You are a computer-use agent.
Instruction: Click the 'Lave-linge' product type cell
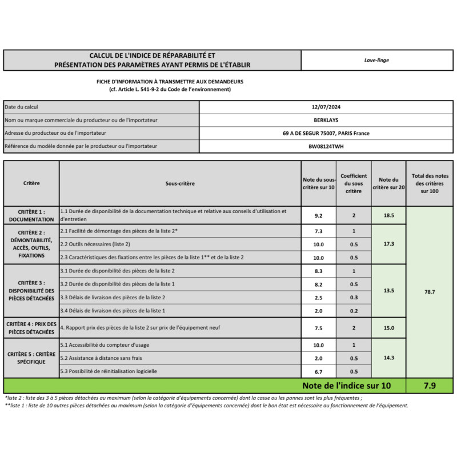click(376, 60)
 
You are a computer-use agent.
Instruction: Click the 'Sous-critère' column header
click(180, 183)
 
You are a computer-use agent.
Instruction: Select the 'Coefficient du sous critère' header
click(353, 183)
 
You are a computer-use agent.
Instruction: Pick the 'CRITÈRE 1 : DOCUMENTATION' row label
click(31, 215)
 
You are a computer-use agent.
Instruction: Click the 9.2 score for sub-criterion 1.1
click(319, 215)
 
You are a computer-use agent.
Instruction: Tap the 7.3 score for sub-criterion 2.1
click(319, 231)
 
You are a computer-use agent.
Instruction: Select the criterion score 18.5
click(388, 215)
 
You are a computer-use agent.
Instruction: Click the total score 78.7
click(430, 291)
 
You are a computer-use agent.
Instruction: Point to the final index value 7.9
click(430, 386)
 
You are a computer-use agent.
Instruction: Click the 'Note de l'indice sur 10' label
click(346, 386)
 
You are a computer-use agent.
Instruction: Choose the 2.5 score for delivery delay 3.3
click(319, 297)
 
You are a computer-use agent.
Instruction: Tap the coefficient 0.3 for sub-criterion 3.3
click(353, 297)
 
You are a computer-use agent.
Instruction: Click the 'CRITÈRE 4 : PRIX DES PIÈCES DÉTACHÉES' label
click(31, 327)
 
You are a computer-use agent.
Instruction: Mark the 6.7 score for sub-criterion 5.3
click(319, 371)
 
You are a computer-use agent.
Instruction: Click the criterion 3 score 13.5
click(388, 290)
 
